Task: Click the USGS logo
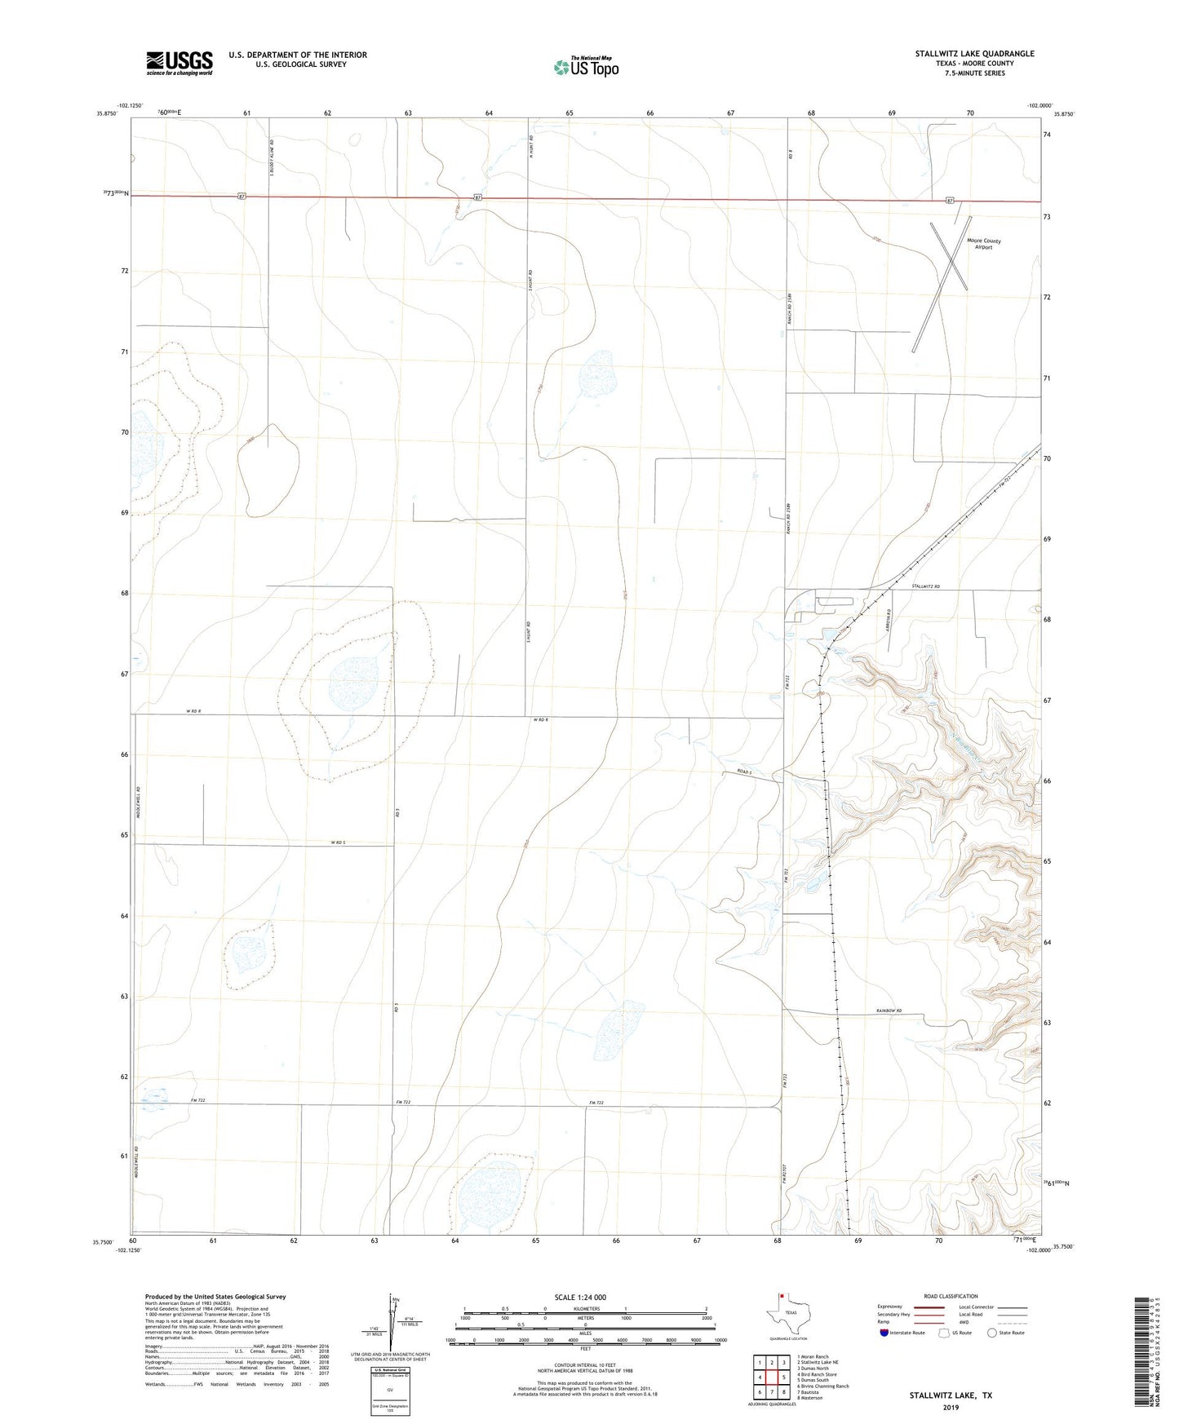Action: [180, 62]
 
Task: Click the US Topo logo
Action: [586, 67]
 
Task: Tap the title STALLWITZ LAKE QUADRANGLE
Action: [974, 54]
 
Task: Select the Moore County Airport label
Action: [983, 244]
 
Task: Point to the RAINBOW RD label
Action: [889, 1011]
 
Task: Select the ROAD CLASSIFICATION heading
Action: [951, 1296]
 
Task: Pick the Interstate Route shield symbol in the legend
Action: [884, 1333]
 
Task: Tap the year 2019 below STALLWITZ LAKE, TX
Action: [951, 1407]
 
